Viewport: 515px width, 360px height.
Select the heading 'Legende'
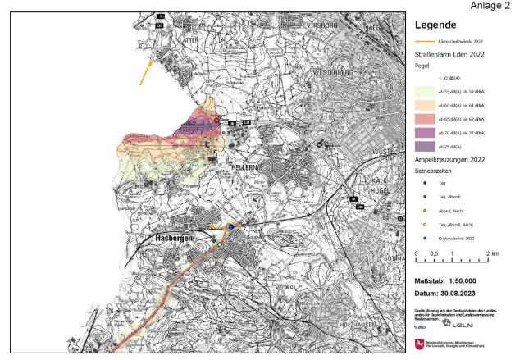pos(439,25)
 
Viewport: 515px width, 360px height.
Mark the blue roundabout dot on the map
pos(231,227)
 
